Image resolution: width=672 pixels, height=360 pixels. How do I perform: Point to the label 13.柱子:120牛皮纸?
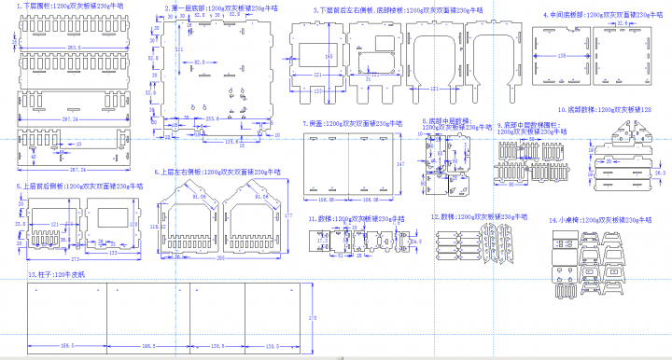tap(56, 275)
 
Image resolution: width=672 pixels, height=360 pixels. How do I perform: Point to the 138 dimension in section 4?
tap(560, 56)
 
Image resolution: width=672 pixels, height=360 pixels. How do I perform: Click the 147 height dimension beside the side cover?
tap(400, 163)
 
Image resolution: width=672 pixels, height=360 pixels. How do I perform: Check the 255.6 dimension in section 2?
tap(212, 119)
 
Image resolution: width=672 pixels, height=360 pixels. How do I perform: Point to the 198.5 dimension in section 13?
tap(67, 346)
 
